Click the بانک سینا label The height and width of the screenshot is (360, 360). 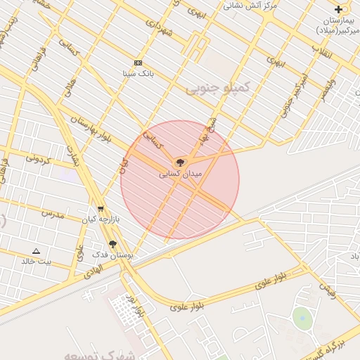[x=138, y=73]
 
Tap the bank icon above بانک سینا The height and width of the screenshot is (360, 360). [x=138, y=63]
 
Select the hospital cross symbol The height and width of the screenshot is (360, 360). [x=339, y=9]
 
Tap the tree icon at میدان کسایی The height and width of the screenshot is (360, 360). [x=180, y=162]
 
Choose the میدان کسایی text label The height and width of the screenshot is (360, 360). [x=181, y=173]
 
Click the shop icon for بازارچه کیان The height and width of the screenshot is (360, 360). [x=101, y=209]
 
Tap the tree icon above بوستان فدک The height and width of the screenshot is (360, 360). [x=112, y=243]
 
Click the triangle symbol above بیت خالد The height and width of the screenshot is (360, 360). [x=37, y=250]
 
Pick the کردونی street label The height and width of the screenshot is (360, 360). [x=38, y=159]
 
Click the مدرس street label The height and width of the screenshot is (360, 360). [x=52, y=212]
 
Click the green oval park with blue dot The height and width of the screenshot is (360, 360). [x=302, y=318]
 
